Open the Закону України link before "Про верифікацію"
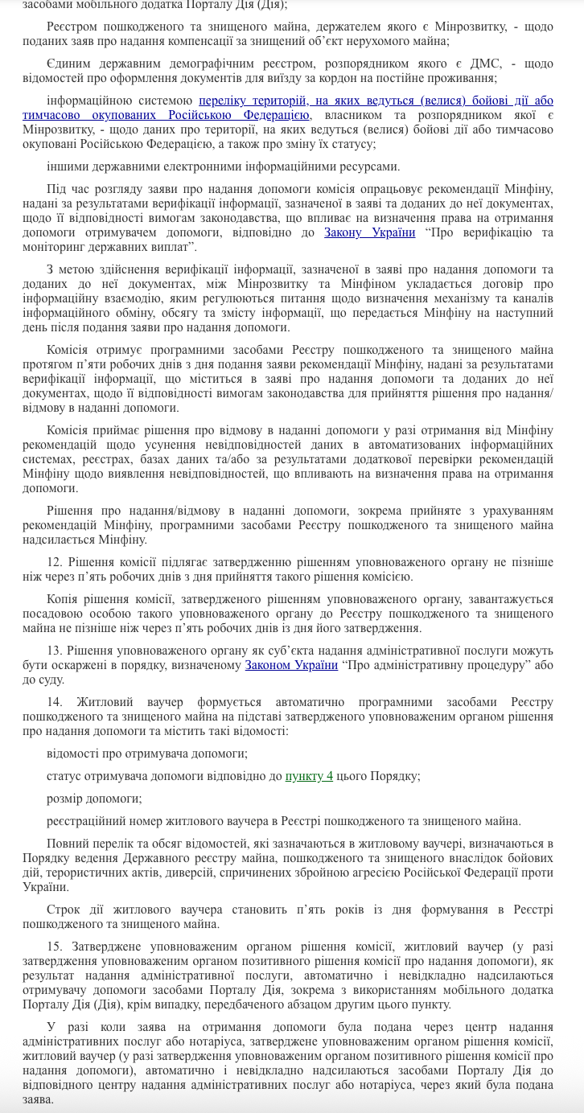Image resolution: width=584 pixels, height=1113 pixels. (x=369, y=232)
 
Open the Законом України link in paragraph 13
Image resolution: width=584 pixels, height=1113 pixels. (x=291, y=665)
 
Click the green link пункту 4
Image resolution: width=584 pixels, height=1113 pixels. (x=309, y=776)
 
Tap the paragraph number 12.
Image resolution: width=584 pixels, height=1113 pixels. (x=54, y=562)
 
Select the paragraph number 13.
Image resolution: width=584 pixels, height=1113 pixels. (x=54, y=651)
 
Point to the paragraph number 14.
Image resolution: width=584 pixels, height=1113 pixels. (x=54, y=702)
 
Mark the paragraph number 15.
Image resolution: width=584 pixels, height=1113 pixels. (x=54, y=947)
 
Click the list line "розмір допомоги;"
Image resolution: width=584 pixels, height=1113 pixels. (x=94, y=799)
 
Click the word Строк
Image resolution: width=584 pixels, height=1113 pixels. (x=63, y=910)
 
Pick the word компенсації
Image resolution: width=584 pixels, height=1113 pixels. (x=220, y=41)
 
